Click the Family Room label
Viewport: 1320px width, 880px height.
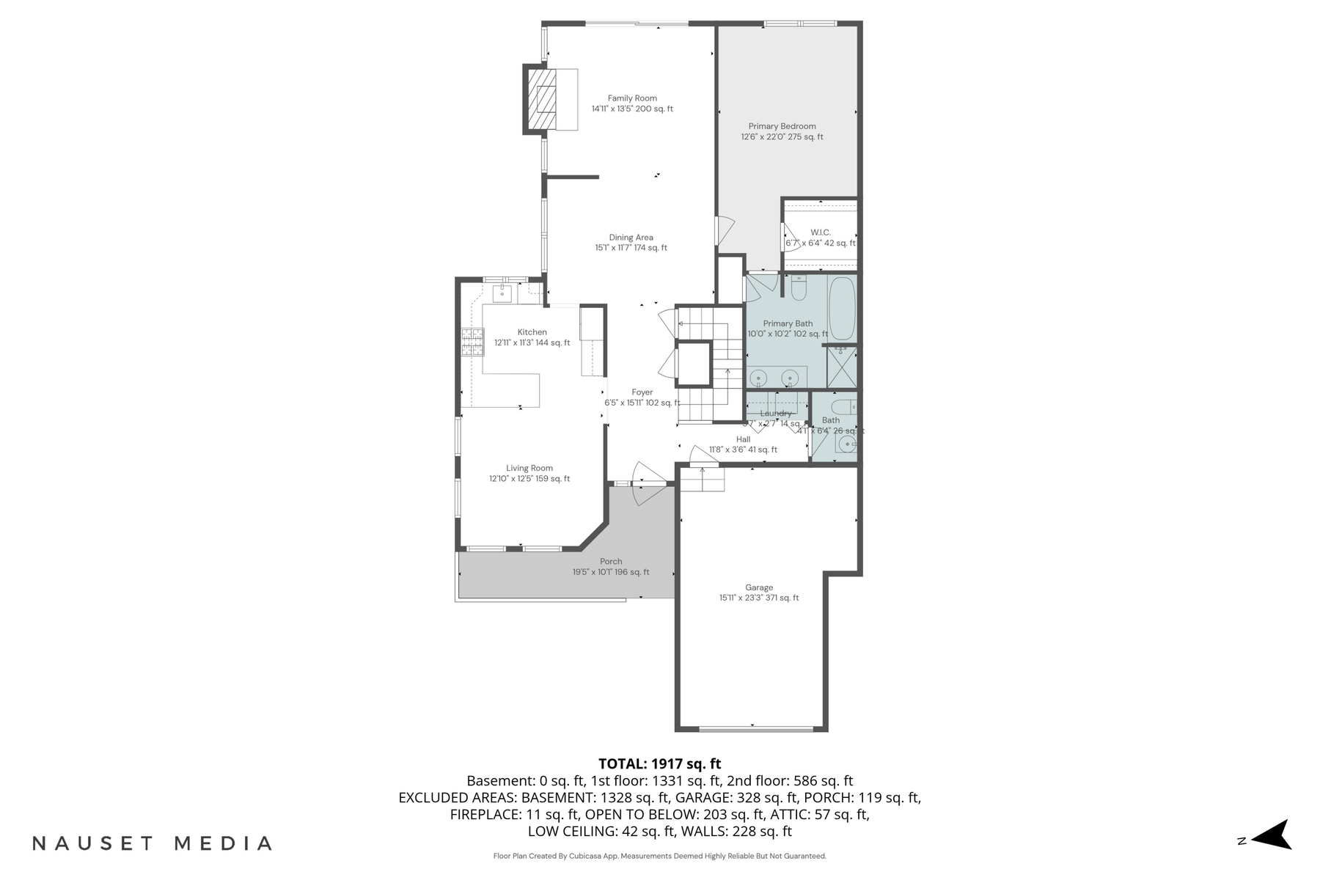632,98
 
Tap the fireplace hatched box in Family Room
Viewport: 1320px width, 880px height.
543,99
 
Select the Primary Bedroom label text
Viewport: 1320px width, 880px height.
782,126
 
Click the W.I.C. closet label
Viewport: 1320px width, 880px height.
821,232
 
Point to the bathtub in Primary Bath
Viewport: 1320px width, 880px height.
842,308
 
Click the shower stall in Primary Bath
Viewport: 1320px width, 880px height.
841,367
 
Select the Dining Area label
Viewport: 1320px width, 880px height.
631,238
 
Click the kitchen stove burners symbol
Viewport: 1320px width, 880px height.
472,342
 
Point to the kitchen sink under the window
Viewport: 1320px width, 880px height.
502,295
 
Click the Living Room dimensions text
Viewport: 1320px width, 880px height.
529,479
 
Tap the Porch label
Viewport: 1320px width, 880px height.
611,562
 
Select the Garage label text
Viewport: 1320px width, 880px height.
759,587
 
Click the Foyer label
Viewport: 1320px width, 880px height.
642,392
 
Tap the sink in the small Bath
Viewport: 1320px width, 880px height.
848,444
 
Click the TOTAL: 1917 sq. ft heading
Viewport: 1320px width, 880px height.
659,764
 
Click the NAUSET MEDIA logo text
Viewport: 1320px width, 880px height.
153,843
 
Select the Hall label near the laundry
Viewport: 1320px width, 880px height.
743,439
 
